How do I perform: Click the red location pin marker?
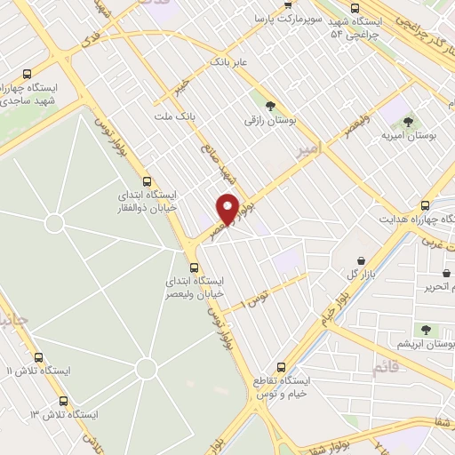click(228, 208)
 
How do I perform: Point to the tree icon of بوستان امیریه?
click(409, 123)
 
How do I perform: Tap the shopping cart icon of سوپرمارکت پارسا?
click(287, 4)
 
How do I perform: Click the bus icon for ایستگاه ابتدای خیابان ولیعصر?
click(195, 267)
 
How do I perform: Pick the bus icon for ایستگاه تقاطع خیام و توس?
click(282, 366)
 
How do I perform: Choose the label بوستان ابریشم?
click(429, 343)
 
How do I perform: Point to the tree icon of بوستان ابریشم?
click(427, 329)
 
